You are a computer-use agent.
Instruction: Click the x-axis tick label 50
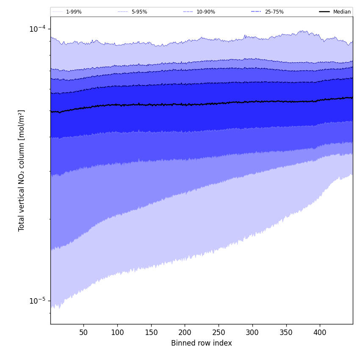pos(83,333)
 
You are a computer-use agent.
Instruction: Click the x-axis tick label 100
pos(117,333)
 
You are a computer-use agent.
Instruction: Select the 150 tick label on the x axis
pos(151,333)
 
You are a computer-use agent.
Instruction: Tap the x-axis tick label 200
pos(185,333)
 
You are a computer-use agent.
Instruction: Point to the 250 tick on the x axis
pos(219,333)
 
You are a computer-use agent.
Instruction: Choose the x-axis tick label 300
pos(252,333)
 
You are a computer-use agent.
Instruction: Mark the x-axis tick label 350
pos(286,333)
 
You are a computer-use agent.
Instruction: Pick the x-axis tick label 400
pos(320,333)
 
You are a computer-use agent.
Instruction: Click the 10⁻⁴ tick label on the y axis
pos(37,29)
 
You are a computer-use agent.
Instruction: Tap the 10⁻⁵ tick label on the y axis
pos(37,301)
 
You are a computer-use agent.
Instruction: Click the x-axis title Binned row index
pos(202,343)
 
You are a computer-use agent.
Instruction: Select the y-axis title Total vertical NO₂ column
pos(22,170)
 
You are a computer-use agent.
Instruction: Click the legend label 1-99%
pos(74,12)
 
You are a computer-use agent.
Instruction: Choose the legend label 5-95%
pos(139,12)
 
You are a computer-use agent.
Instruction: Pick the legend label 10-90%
pos(206,12)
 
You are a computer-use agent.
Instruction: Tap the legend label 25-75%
pos(274,12)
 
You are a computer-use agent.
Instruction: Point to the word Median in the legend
pos(342,12)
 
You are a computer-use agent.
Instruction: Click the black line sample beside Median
pos(324,12)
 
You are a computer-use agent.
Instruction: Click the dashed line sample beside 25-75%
pos(256,12)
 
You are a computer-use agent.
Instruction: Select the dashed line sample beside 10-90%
pos(188,12)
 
